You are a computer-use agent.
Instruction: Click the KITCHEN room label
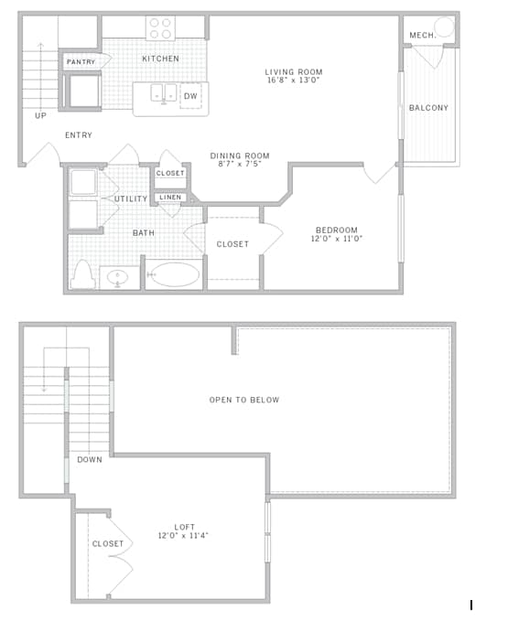pyautogui.click(x=160, y=59)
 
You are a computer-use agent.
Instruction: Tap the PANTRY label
pyautogui.click(x=81, y=61)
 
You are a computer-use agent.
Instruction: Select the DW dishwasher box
pyautogui.click(x=190, y=95)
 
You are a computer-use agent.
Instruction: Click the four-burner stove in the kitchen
pyautogui.click(x=161, y=28)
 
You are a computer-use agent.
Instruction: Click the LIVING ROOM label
pyautogui.click(x=294, y=71)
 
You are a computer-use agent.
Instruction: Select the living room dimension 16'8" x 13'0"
pyautogui.click(x=294, y=80)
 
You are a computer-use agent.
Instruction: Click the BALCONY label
pyautogui.click(x=428, y=108)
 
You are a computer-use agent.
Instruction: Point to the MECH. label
pyautogui.click(x=421, y=35)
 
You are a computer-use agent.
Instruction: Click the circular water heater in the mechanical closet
pyautogui.click(x=444, y=27)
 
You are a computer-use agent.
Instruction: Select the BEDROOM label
pyautogui.click(x=337, y=230)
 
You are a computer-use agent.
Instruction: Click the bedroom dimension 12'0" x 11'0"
pyautogui.click(x=337, y=239)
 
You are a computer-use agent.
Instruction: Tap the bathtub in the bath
pyautogui.click(x=174, y=274)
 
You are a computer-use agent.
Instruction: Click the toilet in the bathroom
pyautogui.click(x=82, y=274)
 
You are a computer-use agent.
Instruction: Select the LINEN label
pyautogui.click(x=170, y=197)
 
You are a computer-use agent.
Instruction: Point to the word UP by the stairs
pyautogui.click(x=40, y=116)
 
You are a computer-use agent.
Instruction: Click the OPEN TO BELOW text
pyautogui.click(x=244, y=400)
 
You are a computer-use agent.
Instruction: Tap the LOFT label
pyautogui.click(x=184, y=527)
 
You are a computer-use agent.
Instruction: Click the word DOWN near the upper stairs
pyautogui.click(x=90, y=459)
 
